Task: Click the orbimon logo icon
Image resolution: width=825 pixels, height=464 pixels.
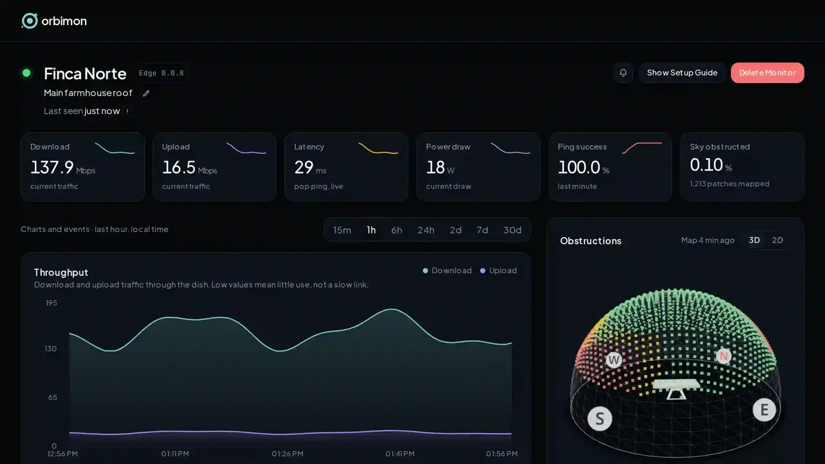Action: tap(30, 21)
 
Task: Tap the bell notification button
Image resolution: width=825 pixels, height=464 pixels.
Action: tap(623, 73)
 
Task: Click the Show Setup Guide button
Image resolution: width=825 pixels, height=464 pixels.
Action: tap(682, 73)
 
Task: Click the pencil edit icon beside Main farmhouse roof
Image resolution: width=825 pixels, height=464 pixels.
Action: tap(146, 93)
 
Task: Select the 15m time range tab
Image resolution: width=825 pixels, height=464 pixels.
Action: tap(342, 230)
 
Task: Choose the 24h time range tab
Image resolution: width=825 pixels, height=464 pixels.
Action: tap(426, 230)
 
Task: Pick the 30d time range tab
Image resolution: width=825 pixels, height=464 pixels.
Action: tap(512, 230)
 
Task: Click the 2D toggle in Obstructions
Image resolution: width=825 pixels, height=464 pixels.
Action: tap(777, 240)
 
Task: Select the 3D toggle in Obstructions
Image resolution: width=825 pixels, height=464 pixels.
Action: tap(754, 240)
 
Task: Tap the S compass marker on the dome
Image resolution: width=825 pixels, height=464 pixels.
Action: tap(599, 419)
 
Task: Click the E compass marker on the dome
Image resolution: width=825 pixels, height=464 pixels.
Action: tap(764, 409)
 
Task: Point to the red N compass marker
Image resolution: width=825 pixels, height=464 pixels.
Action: tap(724, 356)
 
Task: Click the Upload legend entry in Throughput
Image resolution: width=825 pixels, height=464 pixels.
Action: tap(499, 271)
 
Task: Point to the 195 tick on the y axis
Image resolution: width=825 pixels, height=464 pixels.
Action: tap(51, 303)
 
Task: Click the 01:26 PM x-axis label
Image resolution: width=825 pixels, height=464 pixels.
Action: tap(287, 454)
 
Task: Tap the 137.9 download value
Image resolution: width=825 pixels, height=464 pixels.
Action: tap(52, 167)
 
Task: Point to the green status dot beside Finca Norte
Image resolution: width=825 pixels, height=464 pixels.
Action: tap(26, 73)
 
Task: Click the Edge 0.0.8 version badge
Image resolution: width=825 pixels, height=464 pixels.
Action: tap(161, 73)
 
